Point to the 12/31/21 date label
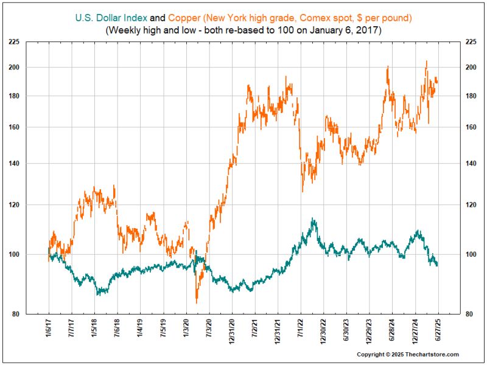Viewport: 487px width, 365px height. pos(278,331)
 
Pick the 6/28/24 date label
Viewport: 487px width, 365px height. pos(393,331)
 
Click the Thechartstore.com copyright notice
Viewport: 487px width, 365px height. pos(407,355)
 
